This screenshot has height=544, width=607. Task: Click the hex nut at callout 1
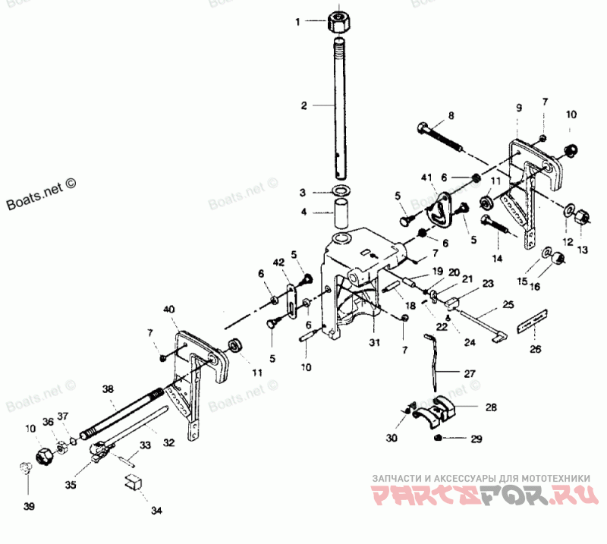click(x=339, y=20)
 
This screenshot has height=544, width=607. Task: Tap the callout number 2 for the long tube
click(x=303, y=105)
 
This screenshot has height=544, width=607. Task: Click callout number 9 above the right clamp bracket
click(x=519, y=108)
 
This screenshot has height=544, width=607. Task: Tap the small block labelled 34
click(x=134, y=482)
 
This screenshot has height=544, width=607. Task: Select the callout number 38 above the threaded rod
click(x=108, y=388)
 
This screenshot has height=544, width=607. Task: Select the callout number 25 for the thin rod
click(x=508, y=303)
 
